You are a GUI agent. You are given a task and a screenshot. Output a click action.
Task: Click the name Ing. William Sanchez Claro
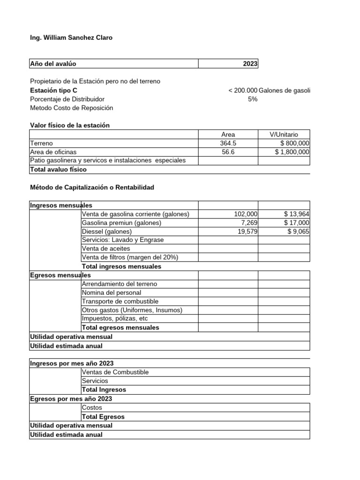pos(71,37)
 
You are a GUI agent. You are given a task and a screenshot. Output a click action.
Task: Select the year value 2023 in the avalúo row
pos(250,64)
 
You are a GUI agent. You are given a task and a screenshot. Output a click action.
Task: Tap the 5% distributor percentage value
pos(253,99)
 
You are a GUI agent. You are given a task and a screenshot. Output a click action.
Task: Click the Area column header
pos(228,135)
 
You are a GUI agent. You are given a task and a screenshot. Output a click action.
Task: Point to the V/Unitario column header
pos(284,135)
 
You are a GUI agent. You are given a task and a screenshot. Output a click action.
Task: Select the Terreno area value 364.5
pos(228,143)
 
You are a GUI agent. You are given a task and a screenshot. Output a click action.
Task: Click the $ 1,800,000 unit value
pos(292,152)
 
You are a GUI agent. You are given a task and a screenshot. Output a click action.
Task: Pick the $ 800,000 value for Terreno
pos(294,143)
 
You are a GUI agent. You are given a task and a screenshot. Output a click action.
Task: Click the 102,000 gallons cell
pos(246,214)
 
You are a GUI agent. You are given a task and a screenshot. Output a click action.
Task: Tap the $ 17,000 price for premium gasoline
pos(297,223)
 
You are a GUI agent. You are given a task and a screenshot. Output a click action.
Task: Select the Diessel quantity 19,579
pos(247,232)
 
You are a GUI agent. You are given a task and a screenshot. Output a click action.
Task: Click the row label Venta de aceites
pos(105,248)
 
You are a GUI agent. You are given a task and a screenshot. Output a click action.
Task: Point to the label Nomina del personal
pos(111,292)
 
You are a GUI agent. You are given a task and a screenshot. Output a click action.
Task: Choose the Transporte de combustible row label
pos(120,301)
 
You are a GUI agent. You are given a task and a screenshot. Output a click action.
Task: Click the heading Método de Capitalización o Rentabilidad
pos(92,187)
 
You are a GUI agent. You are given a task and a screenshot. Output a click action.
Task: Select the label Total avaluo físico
pos(59,170)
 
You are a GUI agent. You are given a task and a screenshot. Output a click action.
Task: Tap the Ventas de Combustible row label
pos(115,372)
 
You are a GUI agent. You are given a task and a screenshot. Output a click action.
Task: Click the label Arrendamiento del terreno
pos(120,284)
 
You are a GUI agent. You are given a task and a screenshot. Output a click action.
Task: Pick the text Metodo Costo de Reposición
pos(71,108)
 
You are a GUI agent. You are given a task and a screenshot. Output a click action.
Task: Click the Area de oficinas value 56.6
pos(228,152)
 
